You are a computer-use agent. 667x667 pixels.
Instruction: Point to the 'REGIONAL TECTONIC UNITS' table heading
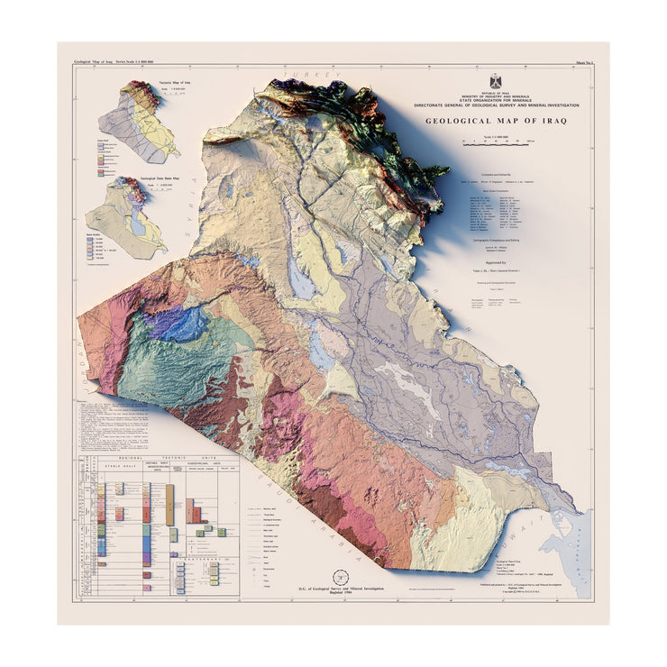tap(167, 458)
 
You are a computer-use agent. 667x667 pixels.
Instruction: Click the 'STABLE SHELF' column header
tap(117, 467)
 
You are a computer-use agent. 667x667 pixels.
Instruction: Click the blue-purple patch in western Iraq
tap(180, 322)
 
